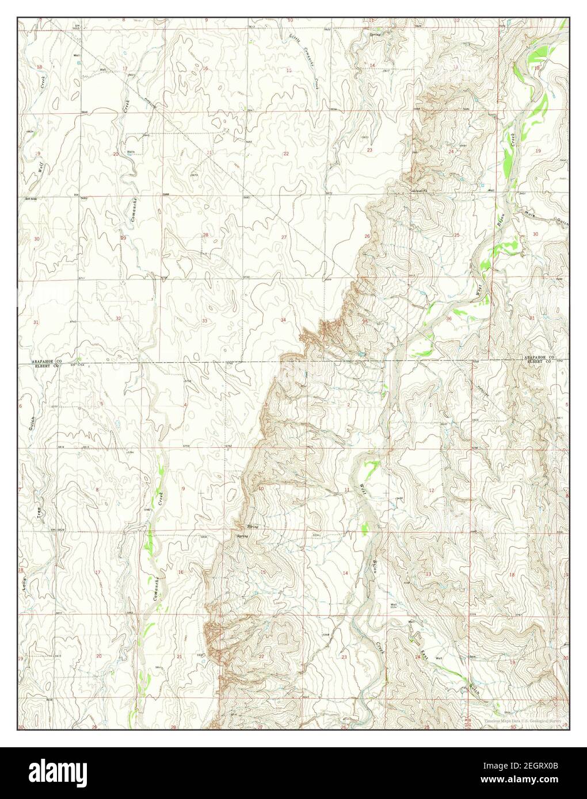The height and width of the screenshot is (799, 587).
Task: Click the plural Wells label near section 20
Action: pos(131,152)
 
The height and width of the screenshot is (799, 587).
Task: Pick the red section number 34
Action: pos(283,320)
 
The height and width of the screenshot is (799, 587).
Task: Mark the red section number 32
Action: pos(118,318)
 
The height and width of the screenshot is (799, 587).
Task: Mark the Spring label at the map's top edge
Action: pos(375,33)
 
